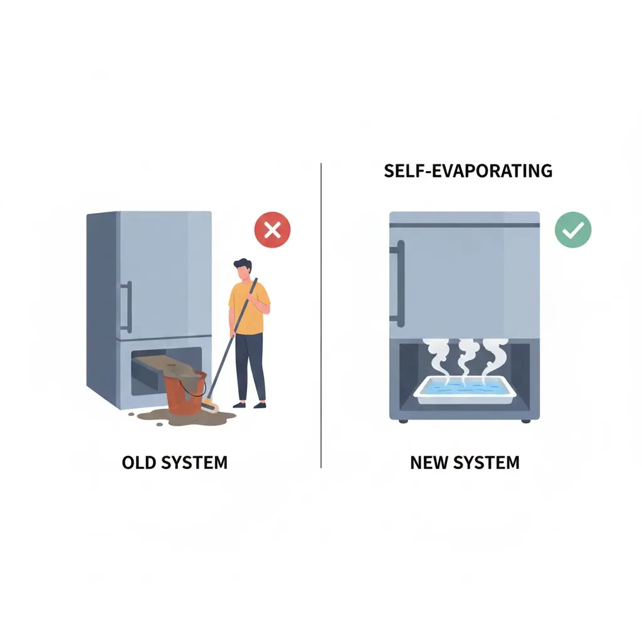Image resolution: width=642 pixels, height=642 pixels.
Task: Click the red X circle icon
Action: [272, 229]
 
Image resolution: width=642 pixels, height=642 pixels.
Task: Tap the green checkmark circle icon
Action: [573, 229]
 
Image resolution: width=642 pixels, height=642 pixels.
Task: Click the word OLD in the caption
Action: [140, 463]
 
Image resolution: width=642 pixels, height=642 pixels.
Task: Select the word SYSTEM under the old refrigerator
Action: [194, 463]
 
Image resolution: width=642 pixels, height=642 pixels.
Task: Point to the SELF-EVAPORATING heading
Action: [468, 171]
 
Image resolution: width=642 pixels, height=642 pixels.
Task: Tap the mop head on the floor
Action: [209, 407]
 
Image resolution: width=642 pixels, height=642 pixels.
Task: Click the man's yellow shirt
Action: [248, 308]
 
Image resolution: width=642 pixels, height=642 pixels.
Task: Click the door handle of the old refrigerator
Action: [127, 307]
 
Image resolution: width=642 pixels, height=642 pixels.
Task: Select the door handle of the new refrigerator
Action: [399, 283]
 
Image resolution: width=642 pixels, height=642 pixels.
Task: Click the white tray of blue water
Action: [465, 390]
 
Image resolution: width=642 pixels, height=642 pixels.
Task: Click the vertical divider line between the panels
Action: [321, 315]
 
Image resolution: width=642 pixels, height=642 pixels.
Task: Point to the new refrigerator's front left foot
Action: [403, 421]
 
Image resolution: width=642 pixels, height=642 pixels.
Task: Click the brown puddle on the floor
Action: [184, 418]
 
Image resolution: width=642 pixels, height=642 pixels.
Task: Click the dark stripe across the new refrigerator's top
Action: [465, 225]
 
